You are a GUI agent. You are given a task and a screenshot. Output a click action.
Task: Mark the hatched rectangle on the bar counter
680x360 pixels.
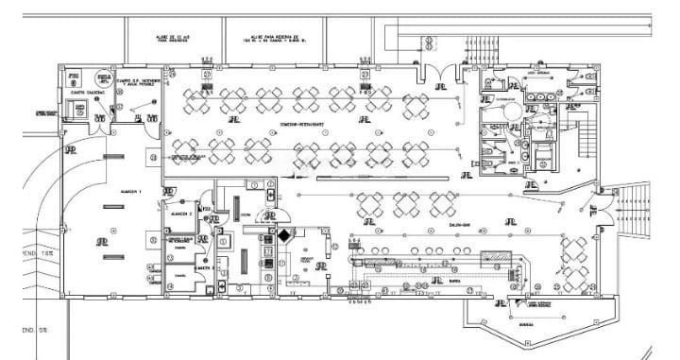[x=494, y=256]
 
